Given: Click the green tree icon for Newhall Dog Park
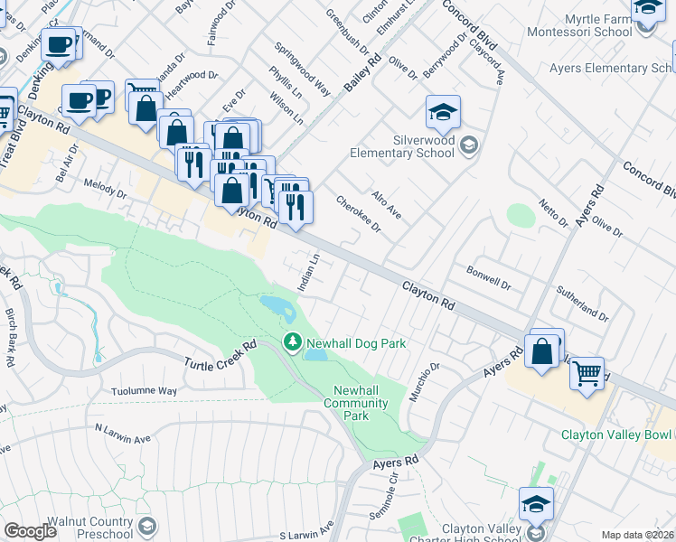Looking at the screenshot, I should click(x=292, y=342).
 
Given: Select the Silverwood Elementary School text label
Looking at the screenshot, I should click(x=410, y=146).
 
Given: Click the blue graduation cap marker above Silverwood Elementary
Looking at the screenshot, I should click(x=443, y=113).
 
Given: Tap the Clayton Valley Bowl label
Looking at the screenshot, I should click(x=617, y=435).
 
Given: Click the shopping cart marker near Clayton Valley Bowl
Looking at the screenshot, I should click(x=587, y=372).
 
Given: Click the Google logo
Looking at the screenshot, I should click(x=30, y=530).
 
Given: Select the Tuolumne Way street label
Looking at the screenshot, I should click(x=143, y=391).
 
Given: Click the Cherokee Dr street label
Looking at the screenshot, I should click(x=359, y=214).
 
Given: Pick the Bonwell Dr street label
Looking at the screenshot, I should click(x=489, y=276).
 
